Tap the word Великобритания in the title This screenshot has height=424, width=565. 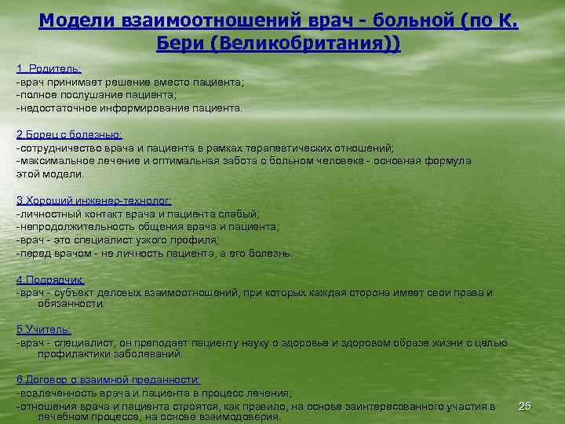pos(301,42)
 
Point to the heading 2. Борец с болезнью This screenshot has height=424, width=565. pos(69,135)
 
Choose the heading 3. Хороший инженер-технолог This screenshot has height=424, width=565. pos(93,200)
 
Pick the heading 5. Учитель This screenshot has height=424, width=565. pos(43,330)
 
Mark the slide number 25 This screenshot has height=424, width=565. pos(525,405)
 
